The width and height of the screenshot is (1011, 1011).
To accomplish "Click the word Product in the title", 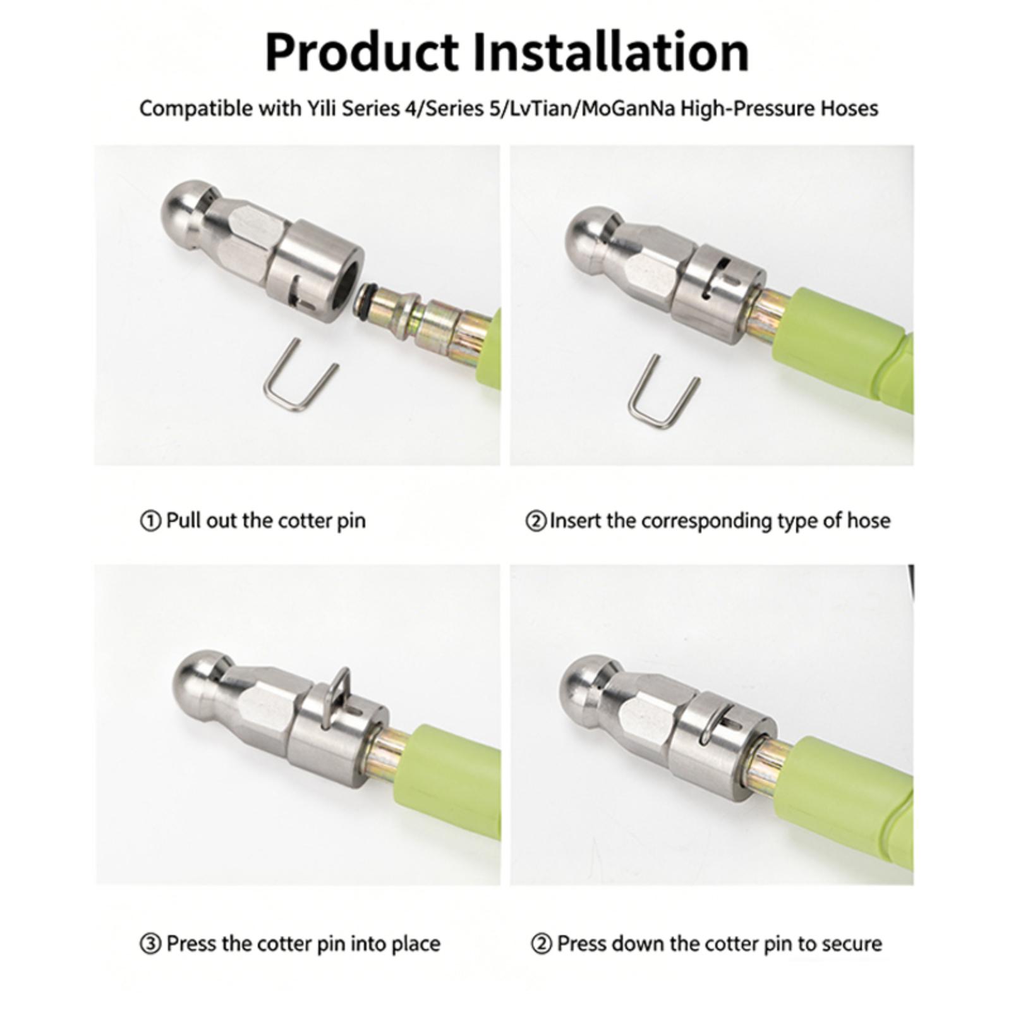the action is pos(362,52).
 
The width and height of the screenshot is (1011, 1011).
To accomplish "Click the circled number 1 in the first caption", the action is pos(150,522).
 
